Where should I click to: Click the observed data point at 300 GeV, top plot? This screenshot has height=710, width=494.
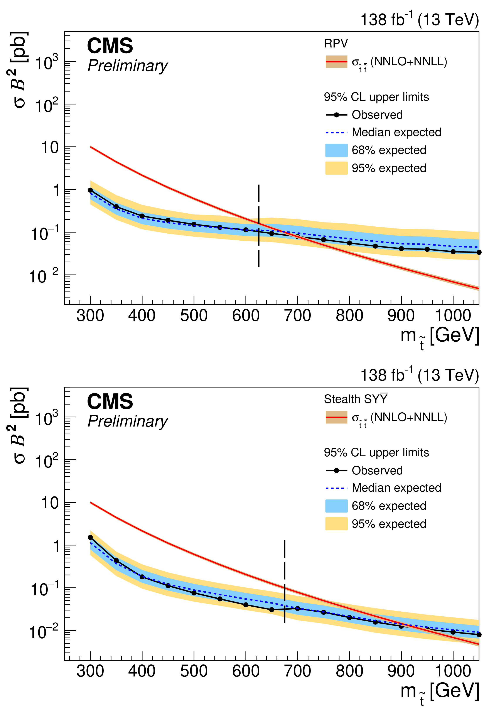(90, 190)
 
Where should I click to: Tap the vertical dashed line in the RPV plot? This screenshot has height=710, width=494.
(258, 226)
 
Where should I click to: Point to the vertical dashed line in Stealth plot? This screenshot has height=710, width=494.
(284, 581)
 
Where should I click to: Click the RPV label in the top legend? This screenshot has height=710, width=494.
(336, 44)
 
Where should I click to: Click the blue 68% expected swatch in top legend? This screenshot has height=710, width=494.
(336, 150)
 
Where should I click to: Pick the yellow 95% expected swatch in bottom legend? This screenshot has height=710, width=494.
(336, 524)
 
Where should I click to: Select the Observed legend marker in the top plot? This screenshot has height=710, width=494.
(336, 115)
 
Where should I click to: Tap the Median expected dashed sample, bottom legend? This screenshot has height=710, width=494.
(336, 488)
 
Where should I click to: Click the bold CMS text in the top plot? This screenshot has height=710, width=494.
(110, 46)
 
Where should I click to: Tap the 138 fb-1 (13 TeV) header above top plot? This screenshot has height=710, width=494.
(420, 20)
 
